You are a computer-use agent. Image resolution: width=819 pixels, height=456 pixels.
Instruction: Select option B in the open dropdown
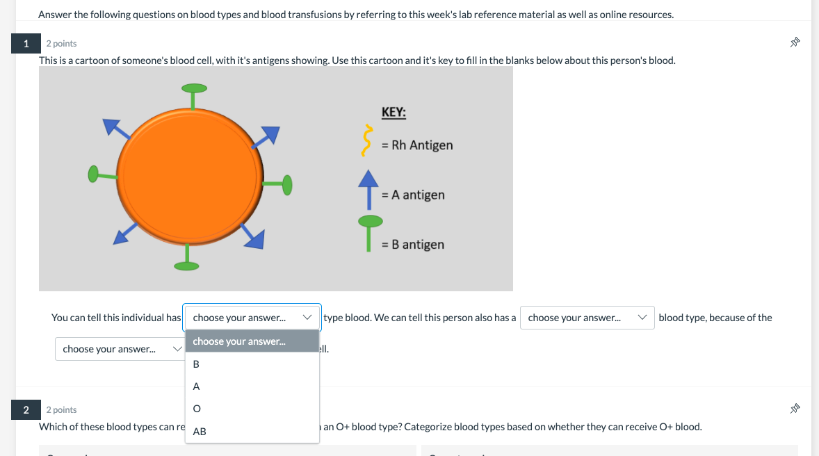click(196, 364)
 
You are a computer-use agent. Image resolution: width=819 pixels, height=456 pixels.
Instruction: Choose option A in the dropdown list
click(196, 386)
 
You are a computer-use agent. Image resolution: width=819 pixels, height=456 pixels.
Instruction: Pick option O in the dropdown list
click(196, 409)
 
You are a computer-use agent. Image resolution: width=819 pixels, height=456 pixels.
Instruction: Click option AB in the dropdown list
click(200, 432)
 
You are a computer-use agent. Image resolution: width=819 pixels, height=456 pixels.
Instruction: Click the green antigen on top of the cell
click(194, 89)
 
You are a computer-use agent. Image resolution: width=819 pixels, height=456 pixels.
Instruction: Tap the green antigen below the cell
click(186, 265)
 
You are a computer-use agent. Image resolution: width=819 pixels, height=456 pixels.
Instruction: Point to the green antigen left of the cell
click(95, 174)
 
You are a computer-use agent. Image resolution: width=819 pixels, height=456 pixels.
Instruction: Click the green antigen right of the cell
click(286, 184)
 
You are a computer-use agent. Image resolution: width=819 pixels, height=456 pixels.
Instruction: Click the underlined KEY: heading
click(394, 112)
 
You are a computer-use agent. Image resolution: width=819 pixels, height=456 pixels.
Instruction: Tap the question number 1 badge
click(26, 44)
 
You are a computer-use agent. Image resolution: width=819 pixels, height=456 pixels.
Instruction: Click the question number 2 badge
click(26, 409)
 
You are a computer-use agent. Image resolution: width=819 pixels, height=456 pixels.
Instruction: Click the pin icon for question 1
click(795, 43)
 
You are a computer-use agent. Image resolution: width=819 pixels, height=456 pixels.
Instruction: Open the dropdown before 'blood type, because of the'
click(587, 318)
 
